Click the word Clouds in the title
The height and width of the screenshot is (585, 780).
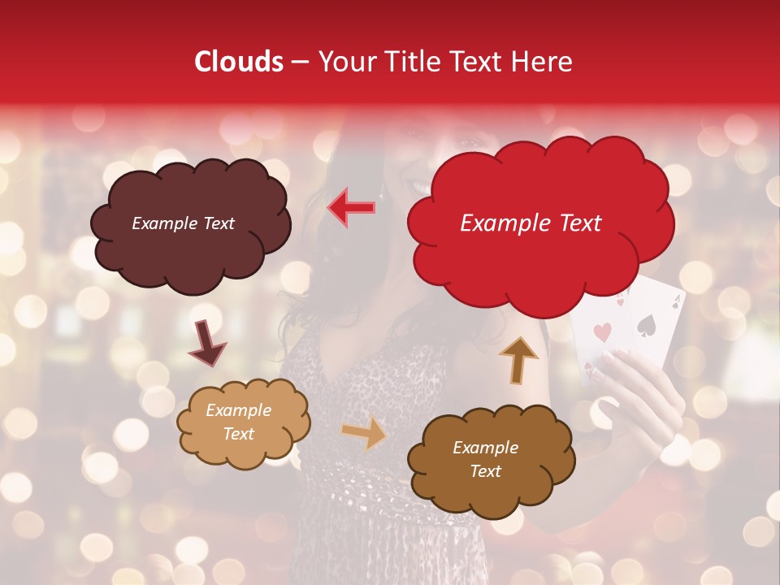tap(239, 62)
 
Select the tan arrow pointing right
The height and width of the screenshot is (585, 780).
tap(364, 432)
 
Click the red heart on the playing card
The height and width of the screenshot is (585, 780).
tap(602, 332)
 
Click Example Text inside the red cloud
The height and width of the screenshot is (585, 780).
tap(531, 223)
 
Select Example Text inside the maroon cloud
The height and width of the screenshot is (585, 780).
tap(183, 223)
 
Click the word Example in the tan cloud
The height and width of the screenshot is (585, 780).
tap(238, 410)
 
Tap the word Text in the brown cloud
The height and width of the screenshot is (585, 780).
tap(485, 471)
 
